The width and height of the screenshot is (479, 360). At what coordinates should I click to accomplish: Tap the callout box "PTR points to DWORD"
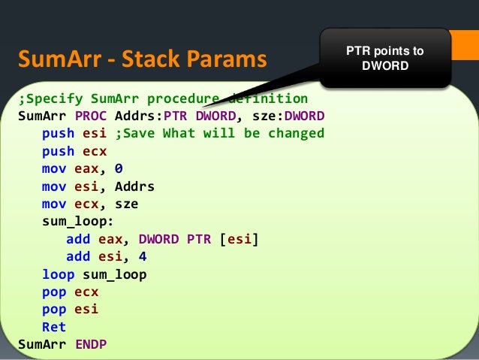point(384,59)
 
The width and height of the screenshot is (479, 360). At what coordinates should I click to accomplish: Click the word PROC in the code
point(91,116)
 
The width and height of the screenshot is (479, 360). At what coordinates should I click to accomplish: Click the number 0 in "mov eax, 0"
point(119,169)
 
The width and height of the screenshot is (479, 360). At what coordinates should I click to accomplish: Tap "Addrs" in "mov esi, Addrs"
point(135,186)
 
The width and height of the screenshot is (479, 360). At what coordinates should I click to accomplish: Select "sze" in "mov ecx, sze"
point(127,204)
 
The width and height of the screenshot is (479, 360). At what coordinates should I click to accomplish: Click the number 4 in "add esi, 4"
point(143,256)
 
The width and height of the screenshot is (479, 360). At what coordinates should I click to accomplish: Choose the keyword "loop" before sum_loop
point(58,274)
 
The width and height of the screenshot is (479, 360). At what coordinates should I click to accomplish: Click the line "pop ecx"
point(70,292)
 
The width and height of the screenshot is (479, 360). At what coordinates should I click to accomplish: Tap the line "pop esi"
point(70,309)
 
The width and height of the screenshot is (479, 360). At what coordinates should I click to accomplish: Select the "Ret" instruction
point(54,327)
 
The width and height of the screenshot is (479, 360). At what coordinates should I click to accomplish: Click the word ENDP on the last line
point(91,344)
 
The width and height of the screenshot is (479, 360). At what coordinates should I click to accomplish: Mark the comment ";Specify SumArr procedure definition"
point(162,99)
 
